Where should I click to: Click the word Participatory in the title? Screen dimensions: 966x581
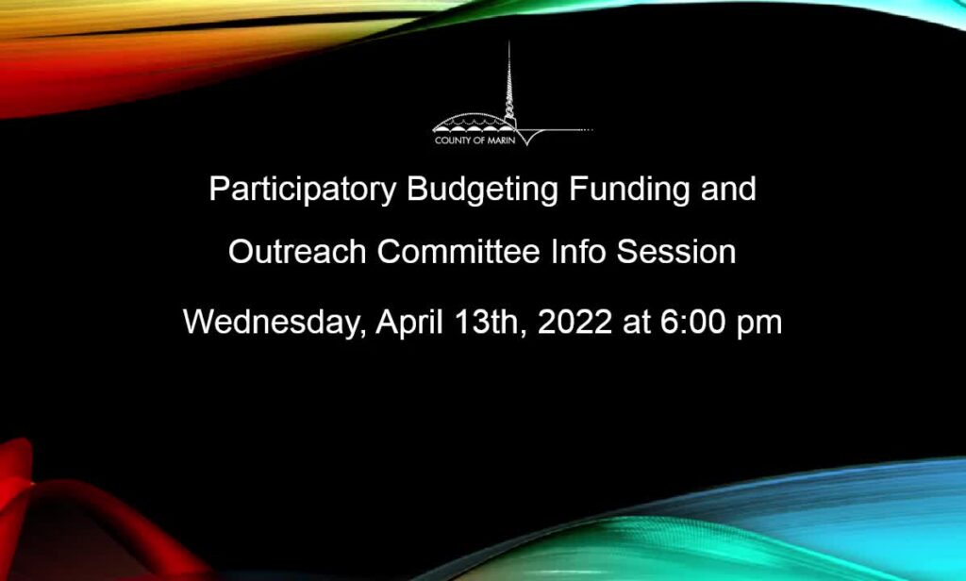click(303, 190)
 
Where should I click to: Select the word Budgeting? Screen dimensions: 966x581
click(482, 190)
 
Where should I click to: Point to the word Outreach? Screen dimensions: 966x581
click(297, 252)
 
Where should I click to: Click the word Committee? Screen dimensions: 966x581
click(458, 252)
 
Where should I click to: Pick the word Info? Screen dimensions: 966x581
click(578, 252)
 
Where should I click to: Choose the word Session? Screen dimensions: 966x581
click(676, 252)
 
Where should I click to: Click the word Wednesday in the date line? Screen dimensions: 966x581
click(271, 323)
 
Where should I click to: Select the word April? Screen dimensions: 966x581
click(409, 323)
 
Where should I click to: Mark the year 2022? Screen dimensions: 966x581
click(575, 322)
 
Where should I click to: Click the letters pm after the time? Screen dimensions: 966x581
click(759, 325)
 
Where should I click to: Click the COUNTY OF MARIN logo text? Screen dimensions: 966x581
click(475, 141)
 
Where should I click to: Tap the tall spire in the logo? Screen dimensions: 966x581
click(508, 83)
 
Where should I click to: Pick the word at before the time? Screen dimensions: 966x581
click(637, 323)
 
